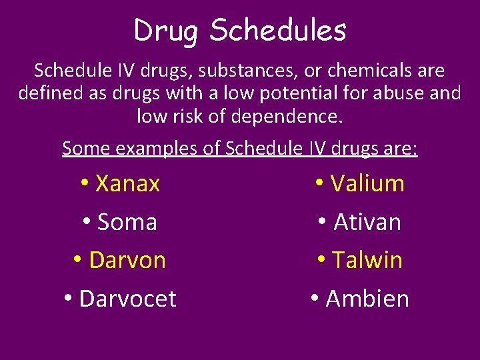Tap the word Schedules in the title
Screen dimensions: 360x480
(x=278, y=30)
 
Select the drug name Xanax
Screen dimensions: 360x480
(x=127, y=183)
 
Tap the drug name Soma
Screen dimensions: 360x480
(x=127, y=222)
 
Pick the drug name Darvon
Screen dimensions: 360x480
(x=127, y=260)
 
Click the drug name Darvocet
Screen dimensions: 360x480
(x=127, y=299)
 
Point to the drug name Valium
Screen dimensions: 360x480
(x=367, y=183)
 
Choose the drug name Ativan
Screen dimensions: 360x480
(x=367, y=222)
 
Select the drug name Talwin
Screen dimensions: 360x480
(x=367, y=260)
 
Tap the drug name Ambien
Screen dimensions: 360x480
(x=367, y=299)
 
